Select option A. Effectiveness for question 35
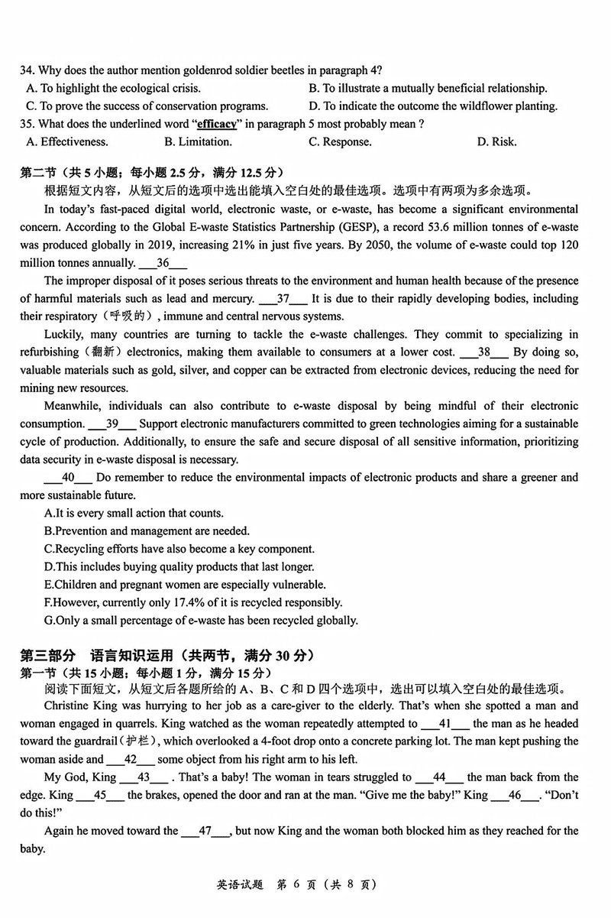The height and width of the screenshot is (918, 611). point(67,141)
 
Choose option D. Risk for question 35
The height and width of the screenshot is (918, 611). point(496,141)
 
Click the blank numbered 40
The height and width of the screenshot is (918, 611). point(68,478)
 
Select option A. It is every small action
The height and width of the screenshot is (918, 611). point(134,513)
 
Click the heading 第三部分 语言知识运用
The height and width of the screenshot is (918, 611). point(166,655)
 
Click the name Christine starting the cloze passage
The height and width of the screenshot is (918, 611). point(67,706)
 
